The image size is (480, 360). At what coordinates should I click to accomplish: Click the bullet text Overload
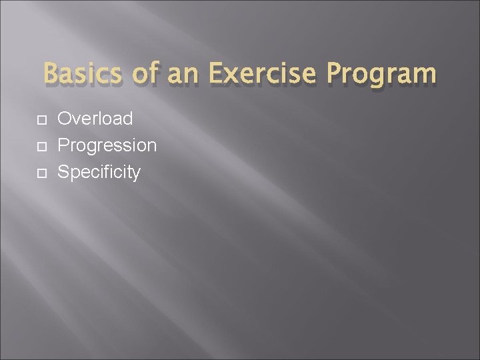tap(95, 119)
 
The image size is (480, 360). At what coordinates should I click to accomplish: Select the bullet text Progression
tap(107, 146)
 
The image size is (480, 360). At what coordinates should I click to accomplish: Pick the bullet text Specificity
tap(99, 173)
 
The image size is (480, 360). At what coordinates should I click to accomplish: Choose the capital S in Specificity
tap(64, 173)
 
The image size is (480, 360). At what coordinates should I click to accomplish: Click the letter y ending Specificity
tap(136, 175)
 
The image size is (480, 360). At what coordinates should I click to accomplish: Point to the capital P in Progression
tap(64, 146)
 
